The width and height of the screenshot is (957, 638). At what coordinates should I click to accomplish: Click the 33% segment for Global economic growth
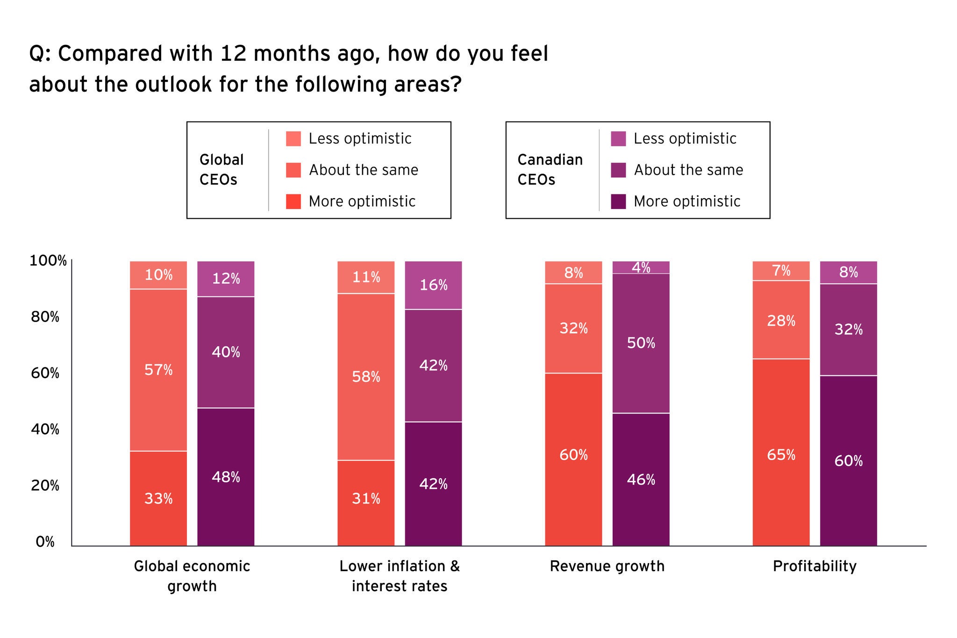158,498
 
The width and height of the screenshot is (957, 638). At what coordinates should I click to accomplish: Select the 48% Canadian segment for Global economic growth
226,477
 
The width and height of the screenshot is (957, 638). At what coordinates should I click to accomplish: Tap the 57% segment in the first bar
158,370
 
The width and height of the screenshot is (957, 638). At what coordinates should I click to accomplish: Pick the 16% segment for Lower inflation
433,285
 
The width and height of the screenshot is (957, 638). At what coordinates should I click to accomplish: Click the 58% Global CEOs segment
366,377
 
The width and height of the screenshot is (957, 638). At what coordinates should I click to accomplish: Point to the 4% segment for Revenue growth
641,267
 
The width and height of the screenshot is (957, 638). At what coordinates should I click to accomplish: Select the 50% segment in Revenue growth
641,343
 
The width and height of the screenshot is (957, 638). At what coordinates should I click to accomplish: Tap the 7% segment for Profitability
781,271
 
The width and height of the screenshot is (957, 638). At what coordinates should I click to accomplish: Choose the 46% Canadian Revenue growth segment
641,480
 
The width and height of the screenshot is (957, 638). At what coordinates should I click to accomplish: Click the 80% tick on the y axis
45,317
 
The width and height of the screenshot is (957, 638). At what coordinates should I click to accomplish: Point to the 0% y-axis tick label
45,542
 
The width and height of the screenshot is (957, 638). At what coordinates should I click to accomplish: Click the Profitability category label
814,566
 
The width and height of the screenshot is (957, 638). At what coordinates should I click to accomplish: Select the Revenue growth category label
607,566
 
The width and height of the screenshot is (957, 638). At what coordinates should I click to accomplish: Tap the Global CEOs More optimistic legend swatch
293,201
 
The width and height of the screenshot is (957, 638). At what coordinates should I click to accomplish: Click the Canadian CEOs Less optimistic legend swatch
618,139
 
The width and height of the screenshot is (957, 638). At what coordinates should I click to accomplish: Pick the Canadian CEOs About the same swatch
618,170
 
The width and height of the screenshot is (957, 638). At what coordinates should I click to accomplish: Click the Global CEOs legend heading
221,170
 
